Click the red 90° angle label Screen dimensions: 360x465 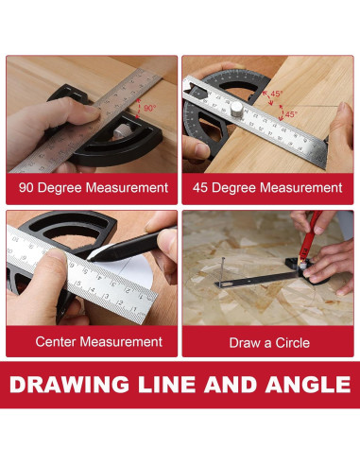[x=149, y=108]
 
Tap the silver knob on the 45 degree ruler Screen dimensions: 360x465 [x=236, y=109]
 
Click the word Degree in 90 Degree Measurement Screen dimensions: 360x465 [x=60, y=188]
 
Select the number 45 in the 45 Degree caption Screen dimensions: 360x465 [x=200, y=188]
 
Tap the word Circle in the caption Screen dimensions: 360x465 [x=292, y=343]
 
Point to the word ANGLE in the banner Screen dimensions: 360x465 [x=308, y=385]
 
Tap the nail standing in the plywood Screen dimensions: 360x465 [x=223, y=271]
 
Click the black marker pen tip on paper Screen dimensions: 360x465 [x=90, y=258]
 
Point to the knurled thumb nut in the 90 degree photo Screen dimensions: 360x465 [x=119, y=130]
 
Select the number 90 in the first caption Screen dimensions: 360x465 [x=26, y=188]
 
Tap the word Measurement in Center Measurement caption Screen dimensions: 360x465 [x=121, y=342]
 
